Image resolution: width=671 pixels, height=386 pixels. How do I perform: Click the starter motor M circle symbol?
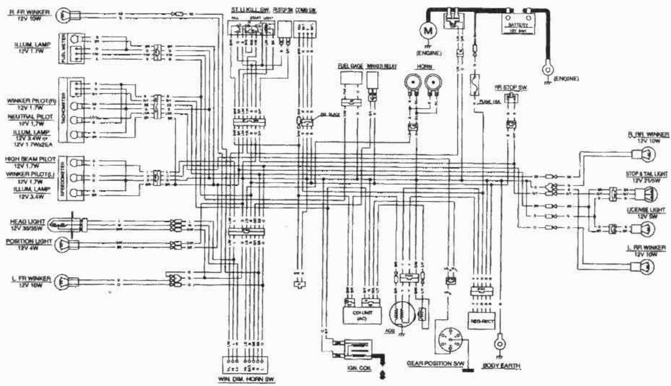427,32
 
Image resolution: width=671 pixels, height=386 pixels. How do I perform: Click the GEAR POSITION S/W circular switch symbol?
449,341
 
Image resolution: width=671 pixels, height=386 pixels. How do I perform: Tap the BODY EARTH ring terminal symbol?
498,344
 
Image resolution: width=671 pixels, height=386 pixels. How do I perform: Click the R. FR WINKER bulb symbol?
64,14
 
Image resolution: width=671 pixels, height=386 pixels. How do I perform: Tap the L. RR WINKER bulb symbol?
645,266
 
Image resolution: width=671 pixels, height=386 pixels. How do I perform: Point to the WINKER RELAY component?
372,82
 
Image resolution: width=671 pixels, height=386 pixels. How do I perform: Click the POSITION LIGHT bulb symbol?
63,244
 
